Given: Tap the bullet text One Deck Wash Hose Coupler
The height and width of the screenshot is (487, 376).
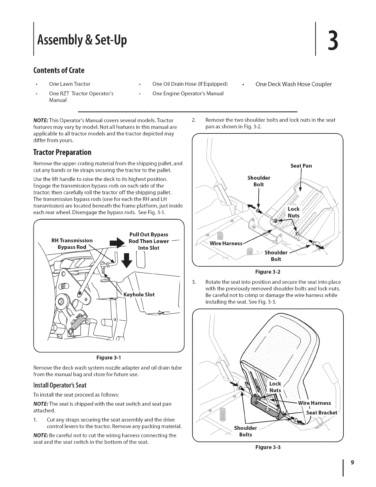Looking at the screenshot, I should [293, 84].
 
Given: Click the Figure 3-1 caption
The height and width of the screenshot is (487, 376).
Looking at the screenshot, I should [109, 358].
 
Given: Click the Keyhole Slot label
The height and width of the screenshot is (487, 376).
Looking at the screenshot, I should [139, 295].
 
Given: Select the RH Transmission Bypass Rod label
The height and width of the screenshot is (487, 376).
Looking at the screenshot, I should [72, 244].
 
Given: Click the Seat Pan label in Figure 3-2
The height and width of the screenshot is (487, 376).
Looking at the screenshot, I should [301, 166].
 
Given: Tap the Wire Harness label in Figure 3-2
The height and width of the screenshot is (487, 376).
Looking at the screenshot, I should [226, 244].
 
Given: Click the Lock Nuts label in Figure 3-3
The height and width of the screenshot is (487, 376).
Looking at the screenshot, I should [275, 387].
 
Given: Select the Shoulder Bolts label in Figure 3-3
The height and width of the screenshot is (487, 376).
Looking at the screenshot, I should [245, 431].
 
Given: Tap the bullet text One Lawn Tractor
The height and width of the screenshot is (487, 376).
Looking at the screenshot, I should [70, 84].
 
